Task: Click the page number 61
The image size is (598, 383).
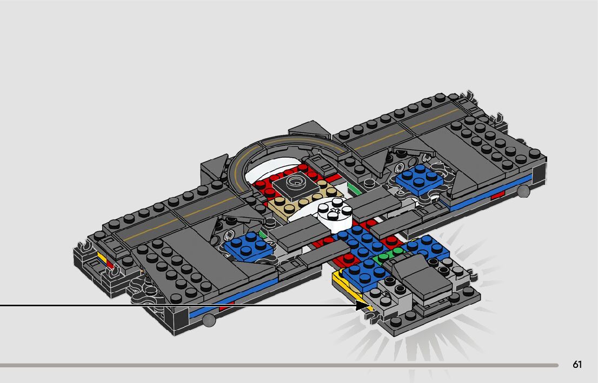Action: click(x=577, y=365)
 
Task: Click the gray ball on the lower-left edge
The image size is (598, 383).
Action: click(x=209, y=320)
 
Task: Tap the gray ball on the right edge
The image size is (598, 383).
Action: click(x=522, y=191)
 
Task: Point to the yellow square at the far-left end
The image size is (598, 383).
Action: click(x=101, y=254)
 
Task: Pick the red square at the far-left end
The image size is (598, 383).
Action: click(x=110, y=264)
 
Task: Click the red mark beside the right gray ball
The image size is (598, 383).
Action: click(x=497, y=194)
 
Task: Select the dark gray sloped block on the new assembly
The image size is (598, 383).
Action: click(x=422, y=276)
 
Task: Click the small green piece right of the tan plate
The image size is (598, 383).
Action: click(x=355, y=189)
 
